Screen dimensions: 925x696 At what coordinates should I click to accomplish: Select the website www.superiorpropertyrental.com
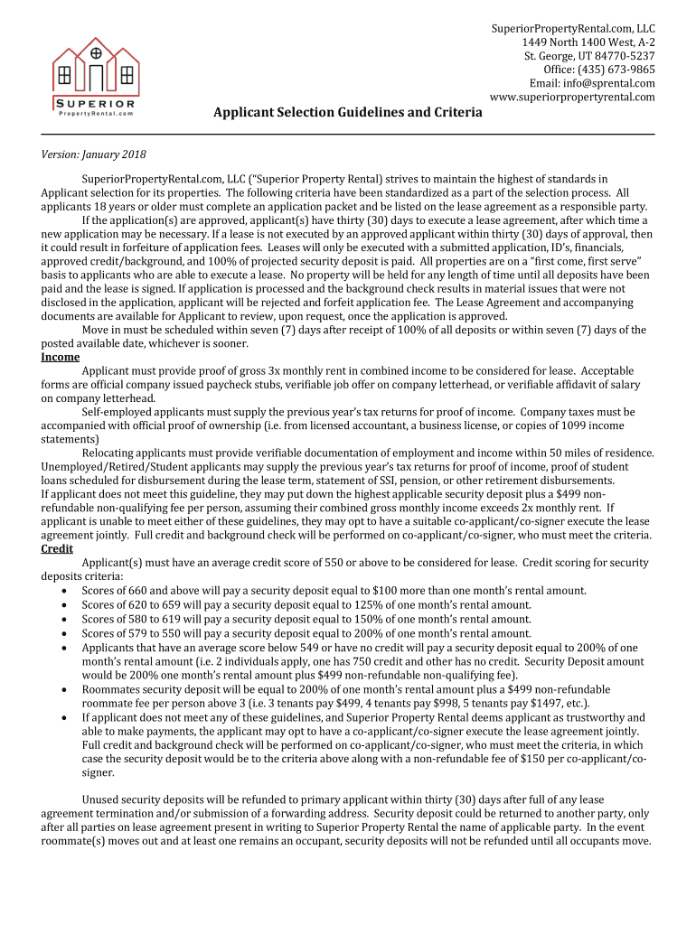572,97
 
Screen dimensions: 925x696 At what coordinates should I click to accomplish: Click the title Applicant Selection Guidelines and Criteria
347,113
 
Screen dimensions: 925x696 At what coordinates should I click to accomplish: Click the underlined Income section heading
61,357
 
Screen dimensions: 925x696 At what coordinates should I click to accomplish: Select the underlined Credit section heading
59,548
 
